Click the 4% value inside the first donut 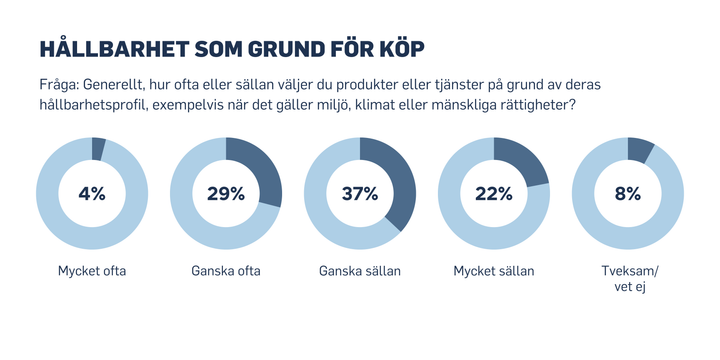92,194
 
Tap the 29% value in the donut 226,194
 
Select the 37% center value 360,194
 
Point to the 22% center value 494,194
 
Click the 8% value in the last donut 628,194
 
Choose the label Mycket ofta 92,271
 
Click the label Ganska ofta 226,271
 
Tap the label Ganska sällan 360,271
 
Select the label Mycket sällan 494,271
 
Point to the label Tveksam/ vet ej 628,279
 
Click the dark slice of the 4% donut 98,149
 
